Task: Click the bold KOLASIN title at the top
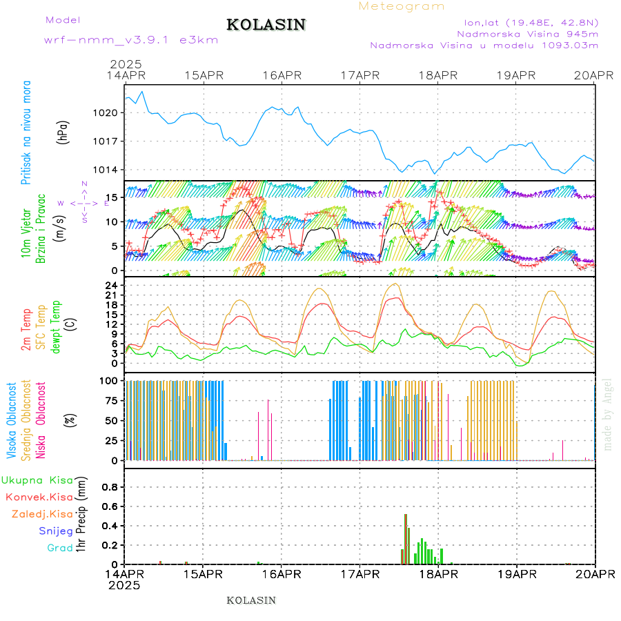click(266, 25)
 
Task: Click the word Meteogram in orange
click(402, 6)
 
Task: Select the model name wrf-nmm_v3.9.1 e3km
click(131, 39)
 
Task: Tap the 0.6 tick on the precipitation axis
click(108, 506)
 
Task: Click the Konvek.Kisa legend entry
click(39, 497)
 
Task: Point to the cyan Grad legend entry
click(60, 549)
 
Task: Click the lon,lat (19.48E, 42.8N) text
click(529, 21)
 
